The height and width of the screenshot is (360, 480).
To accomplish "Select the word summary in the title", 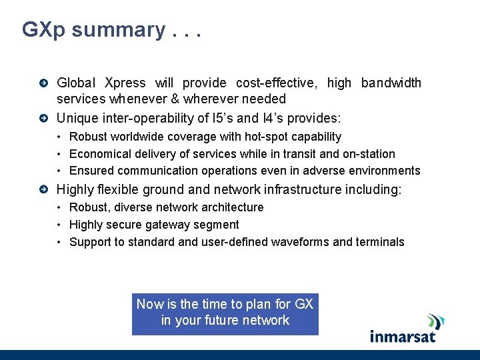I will tap(119, 30).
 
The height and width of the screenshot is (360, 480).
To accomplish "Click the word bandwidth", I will tap(391, 83).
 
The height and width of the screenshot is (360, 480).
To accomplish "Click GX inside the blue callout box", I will tap(303, 304).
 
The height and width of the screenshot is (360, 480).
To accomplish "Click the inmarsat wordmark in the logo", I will tap(403, 335).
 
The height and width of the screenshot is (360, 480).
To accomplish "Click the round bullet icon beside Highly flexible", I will tap(43, 190).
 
